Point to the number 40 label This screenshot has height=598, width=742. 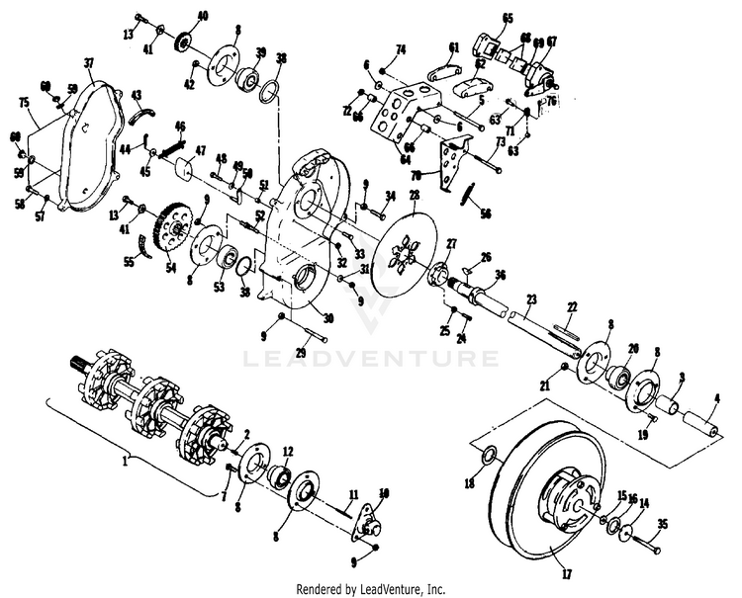point(203,16)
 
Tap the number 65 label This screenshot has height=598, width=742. point(508,17)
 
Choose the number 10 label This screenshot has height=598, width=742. point(384,491)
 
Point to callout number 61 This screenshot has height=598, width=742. point(454,46)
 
